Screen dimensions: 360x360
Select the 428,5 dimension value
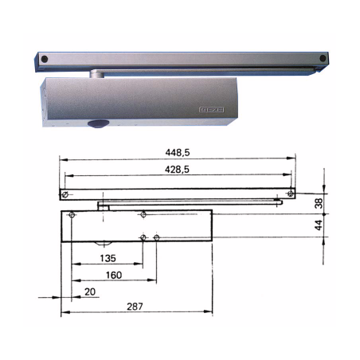176,170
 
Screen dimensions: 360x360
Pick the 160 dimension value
112,276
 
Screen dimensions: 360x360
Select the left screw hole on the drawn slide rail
66,194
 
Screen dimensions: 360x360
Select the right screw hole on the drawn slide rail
292,191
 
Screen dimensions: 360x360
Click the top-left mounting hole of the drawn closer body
72,215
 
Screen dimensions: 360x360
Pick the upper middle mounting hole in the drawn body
143,215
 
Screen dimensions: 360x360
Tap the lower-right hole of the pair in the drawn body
156,237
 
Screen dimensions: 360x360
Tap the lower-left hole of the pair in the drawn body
143,237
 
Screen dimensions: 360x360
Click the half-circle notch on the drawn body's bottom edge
101,241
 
